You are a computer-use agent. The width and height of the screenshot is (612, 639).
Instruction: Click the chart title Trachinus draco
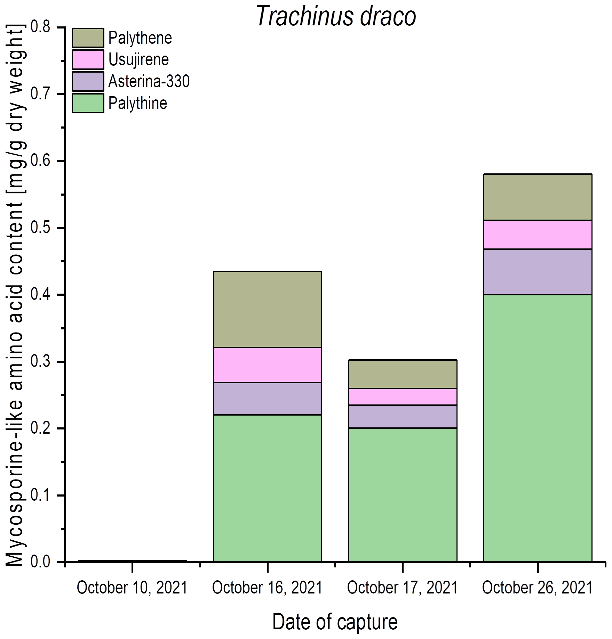pyautogui.click(x=336, y=16)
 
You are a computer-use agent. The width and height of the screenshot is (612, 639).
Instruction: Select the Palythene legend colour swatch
pyautogui.click(x=88, y=38)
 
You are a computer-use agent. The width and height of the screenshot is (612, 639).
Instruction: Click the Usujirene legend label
pyautogui.click(x=138, y=60)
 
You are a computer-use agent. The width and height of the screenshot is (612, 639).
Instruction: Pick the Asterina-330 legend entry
pyautogui.click(x=149, y=81)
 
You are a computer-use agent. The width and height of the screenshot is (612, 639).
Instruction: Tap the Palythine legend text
pyautogui.click(x=137, y=103)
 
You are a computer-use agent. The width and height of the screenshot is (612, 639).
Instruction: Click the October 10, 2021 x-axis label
pyautogui.click(x=132, y=588)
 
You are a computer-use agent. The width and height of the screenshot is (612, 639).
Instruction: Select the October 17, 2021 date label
pyautogui.click(x=402, y=588)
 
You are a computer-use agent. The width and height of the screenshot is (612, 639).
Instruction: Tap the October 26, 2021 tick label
pyautogui.click(x=538, y=588)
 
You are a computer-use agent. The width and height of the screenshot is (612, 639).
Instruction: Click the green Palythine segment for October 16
pyautogui.click(x=267, y=488)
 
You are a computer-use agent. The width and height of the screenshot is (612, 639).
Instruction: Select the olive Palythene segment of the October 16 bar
pyautogui.click(x=267, y=309)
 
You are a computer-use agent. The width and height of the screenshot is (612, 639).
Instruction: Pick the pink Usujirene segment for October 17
pyautogui.click(x=403, y=396)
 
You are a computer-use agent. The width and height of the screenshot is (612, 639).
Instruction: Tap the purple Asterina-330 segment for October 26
pyautogui.click(x=538, y=272)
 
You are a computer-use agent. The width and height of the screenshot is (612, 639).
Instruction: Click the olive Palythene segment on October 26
pyautogui.click(x=538, y=197)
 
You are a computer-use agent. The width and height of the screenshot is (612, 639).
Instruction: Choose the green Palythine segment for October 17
pyautogui.click(x=403, y=495)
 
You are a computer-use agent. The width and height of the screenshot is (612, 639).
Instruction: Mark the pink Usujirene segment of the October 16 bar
pyautogui.click(x=267, y=365)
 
